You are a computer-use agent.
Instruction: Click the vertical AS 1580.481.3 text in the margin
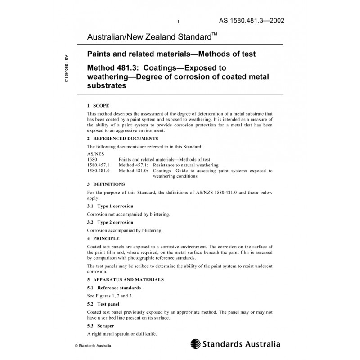click(66, 70)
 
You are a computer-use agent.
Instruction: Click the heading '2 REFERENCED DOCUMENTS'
click(119, 139)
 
